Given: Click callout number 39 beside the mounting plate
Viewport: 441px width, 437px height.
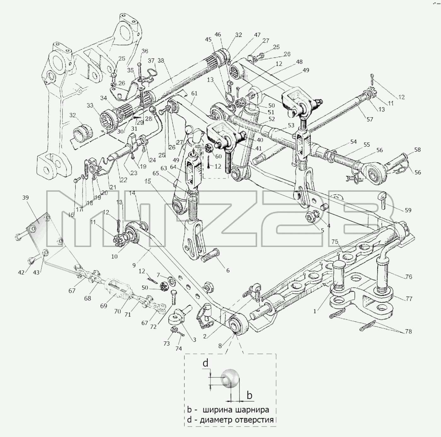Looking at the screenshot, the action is coord(26,198).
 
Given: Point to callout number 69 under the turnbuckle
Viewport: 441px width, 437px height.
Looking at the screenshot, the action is coord(104,306).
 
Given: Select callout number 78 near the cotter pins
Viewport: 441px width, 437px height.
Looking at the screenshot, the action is coord(408,331).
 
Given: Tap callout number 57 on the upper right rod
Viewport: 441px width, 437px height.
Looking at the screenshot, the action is coord(370,119).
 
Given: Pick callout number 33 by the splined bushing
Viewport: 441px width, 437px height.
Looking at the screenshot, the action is coord(90,106).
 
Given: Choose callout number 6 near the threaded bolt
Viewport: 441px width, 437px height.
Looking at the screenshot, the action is coord(228,270).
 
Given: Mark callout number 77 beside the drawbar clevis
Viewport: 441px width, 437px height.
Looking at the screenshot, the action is coord(409,299).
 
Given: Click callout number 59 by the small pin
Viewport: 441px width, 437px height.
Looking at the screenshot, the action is coord(408,210).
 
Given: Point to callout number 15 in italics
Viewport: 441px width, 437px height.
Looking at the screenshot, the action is coord(148,181).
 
